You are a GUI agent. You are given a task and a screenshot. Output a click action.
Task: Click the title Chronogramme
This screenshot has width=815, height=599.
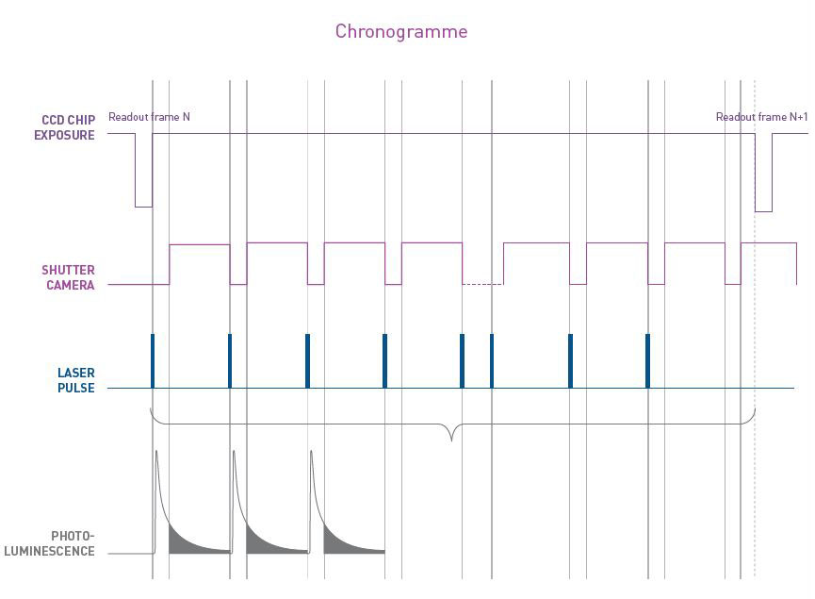tap(401, 31)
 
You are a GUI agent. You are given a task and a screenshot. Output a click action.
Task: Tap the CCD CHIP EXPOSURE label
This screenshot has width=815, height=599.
tap(68, 127)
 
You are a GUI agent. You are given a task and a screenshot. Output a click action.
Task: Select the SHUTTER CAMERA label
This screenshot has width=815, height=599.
tap(68, 277)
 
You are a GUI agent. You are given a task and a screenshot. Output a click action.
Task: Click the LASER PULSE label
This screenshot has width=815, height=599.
tap(75, 380)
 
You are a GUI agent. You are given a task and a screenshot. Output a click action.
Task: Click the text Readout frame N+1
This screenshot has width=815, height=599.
tap(761, 117)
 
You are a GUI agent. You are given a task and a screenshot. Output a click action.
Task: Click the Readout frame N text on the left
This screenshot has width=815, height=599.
tap(149, 117)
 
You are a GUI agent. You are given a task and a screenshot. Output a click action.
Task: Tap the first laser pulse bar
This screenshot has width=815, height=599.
tap(152, 360)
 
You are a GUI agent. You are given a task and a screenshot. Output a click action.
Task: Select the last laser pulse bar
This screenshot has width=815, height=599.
tap(647, 360)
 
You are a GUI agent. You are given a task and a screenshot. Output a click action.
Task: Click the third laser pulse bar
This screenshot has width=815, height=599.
tap(307, 360)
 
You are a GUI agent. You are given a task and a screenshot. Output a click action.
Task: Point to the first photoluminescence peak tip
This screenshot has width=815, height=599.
tap(156, 453)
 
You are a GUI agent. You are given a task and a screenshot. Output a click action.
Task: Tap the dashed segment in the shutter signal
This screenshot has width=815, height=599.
tap(482, 284)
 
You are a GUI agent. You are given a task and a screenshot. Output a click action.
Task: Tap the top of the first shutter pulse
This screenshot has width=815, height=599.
tap(199, 244)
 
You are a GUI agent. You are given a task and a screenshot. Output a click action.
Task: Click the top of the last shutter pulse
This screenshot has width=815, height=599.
tap(769, 243)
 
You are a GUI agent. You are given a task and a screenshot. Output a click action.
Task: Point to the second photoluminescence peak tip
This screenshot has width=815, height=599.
tap(234, 453)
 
